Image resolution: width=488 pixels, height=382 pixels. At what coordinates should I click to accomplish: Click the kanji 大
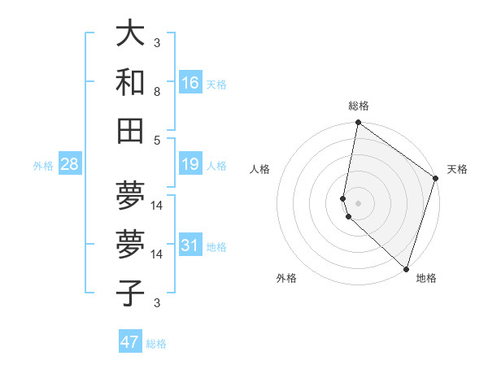coord(130,34)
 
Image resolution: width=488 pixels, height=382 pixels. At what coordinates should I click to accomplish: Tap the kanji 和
coord(130,82)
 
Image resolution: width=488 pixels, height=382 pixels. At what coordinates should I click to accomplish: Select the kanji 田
coord(130,130)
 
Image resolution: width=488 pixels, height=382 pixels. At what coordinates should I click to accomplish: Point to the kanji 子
coord(130,293)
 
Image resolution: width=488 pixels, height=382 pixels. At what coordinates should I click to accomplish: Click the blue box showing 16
coord(190,82)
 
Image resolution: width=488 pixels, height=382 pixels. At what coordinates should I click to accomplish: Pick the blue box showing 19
coord(190,165)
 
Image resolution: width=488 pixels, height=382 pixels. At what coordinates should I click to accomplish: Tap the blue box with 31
coord(190,245)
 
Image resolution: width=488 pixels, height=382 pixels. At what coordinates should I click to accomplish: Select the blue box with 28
coord(70,165)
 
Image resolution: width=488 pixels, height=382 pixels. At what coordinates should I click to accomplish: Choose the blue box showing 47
coord(130,342)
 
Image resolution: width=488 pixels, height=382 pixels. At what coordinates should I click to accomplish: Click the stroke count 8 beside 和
coord(157,92)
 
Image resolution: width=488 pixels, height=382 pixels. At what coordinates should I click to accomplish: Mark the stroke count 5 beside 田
coord(157,140)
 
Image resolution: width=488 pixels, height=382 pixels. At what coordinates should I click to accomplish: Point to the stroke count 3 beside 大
coord(157,43)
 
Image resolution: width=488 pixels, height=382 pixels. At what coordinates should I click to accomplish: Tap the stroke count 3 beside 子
coord(157,303)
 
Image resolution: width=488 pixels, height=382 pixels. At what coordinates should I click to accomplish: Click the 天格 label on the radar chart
coord(457,169)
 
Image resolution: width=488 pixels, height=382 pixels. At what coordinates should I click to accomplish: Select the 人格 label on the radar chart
coord(260,169)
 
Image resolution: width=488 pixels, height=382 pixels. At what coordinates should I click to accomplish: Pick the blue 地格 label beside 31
coord(216,246)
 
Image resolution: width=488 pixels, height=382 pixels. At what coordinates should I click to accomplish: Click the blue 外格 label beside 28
coord(43,166)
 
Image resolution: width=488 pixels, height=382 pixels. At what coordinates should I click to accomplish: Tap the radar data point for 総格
coord(358,124)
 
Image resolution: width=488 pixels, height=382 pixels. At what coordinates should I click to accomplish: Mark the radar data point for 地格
coord(406,268)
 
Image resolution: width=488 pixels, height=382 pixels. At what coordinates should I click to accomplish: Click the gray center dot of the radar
coord(358,202)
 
